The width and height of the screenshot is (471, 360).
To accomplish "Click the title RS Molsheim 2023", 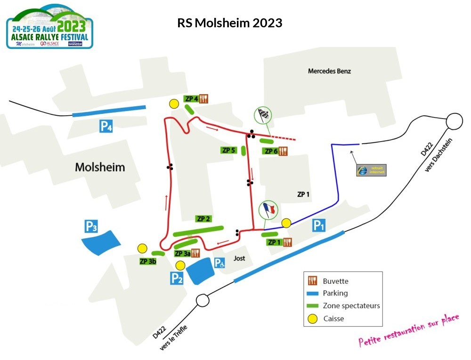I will [x=229, y=23].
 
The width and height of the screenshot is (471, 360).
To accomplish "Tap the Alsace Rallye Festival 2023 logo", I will [x=49, y=26].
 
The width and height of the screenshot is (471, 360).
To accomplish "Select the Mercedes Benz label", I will [x=329, y=72].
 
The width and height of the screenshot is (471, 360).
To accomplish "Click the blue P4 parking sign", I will [x=106, y=126].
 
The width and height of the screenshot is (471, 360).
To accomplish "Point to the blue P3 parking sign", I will [x=91, y=226].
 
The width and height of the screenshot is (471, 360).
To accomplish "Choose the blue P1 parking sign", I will [x=319, y=226].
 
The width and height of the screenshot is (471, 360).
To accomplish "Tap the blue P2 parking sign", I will [x=177, y=279].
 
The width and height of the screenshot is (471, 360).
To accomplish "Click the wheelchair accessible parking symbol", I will [x=219, y=264].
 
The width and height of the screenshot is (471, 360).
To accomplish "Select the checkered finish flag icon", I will [x=263, y=115].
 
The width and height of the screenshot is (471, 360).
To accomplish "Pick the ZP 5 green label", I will [x=228, y=150].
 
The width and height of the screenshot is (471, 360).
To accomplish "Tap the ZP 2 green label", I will [x=203, y=219].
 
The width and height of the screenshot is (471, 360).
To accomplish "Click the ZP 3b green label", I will [x=148, y=261].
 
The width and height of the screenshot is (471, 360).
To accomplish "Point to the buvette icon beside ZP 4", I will [x=203, y=99].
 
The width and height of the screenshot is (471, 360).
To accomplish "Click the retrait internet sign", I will [x=371, y=170].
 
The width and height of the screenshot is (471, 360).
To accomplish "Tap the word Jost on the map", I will [x=240, y=259].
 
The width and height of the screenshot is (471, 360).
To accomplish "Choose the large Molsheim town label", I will [x=100, y=167].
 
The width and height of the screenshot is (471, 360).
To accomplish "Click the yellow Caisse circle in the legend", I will [x=312, y=319].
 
